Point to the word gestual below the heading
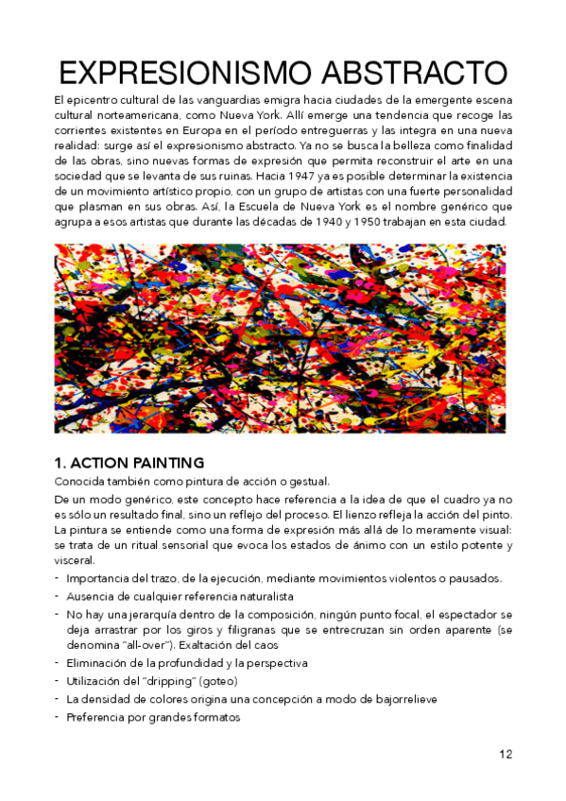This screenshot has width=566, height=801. [303, 482]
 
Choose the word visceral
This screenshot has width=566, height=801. [77, 559]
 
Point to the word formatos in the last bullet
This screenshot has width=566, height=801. [214, 717]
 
